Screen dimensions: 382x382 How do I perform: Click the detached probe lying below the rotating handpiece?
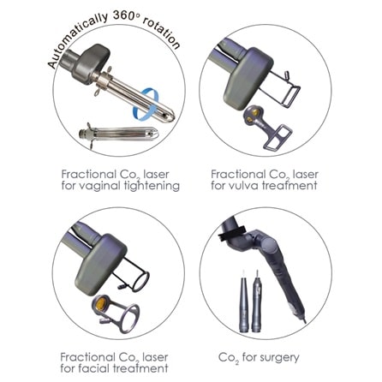point(118,134)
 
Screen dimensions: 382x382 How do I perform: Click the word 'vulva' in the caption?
point(244,186)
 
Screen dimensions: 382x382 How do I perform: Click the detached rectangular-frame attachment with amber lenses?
point(267,127)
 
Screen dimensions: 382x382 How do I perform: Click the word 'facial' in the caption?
point(91,368)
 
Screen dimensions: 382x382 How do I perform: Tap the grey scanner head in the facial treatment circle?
point(101,263)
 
